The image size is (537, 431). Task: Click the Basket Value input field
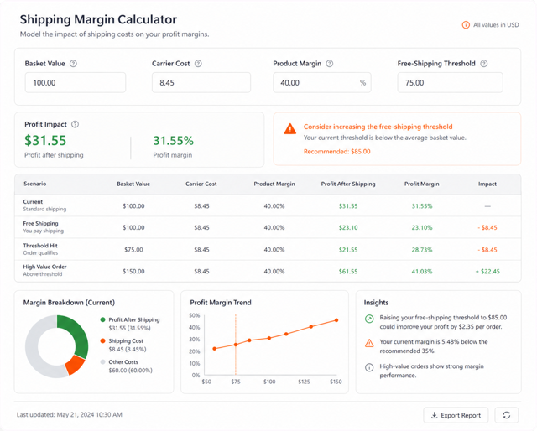pos(76,82)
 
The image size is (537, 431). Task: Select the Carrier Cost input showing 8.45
pos(201,82)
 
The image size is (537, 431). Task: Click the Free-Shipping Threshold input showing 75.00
pos(450,82)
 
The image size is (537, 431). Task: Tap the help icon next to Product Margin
pos(330,64)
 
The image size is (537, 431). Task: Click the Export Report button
pos(456,415)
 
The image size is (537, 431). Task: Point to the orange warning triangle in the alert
pos(290,129)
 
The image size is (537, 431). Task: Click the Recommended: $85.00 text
pos(337,152)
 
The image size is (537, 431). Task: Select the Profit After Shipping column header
pos(348,184)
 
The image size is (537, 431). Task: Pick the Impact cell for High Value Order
pos(487,272)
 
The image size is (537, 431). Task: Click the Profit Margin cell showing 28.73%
pos(422,250)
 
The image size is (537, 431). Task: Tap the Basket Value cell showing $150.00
pos(133,272)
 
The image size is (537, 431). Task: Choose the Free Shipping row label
pos(41,224)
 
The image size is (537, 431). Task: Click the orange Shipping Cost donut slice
pos(76,365)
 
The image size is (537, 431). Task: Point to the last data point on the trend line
pos(336,320)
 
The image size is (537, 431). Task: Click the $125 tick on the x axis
pos(304,382)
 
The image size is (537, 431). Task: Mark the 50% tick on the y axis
pos(194,315)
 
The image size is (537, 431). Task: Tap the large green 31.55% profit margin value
pos(174,141)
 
